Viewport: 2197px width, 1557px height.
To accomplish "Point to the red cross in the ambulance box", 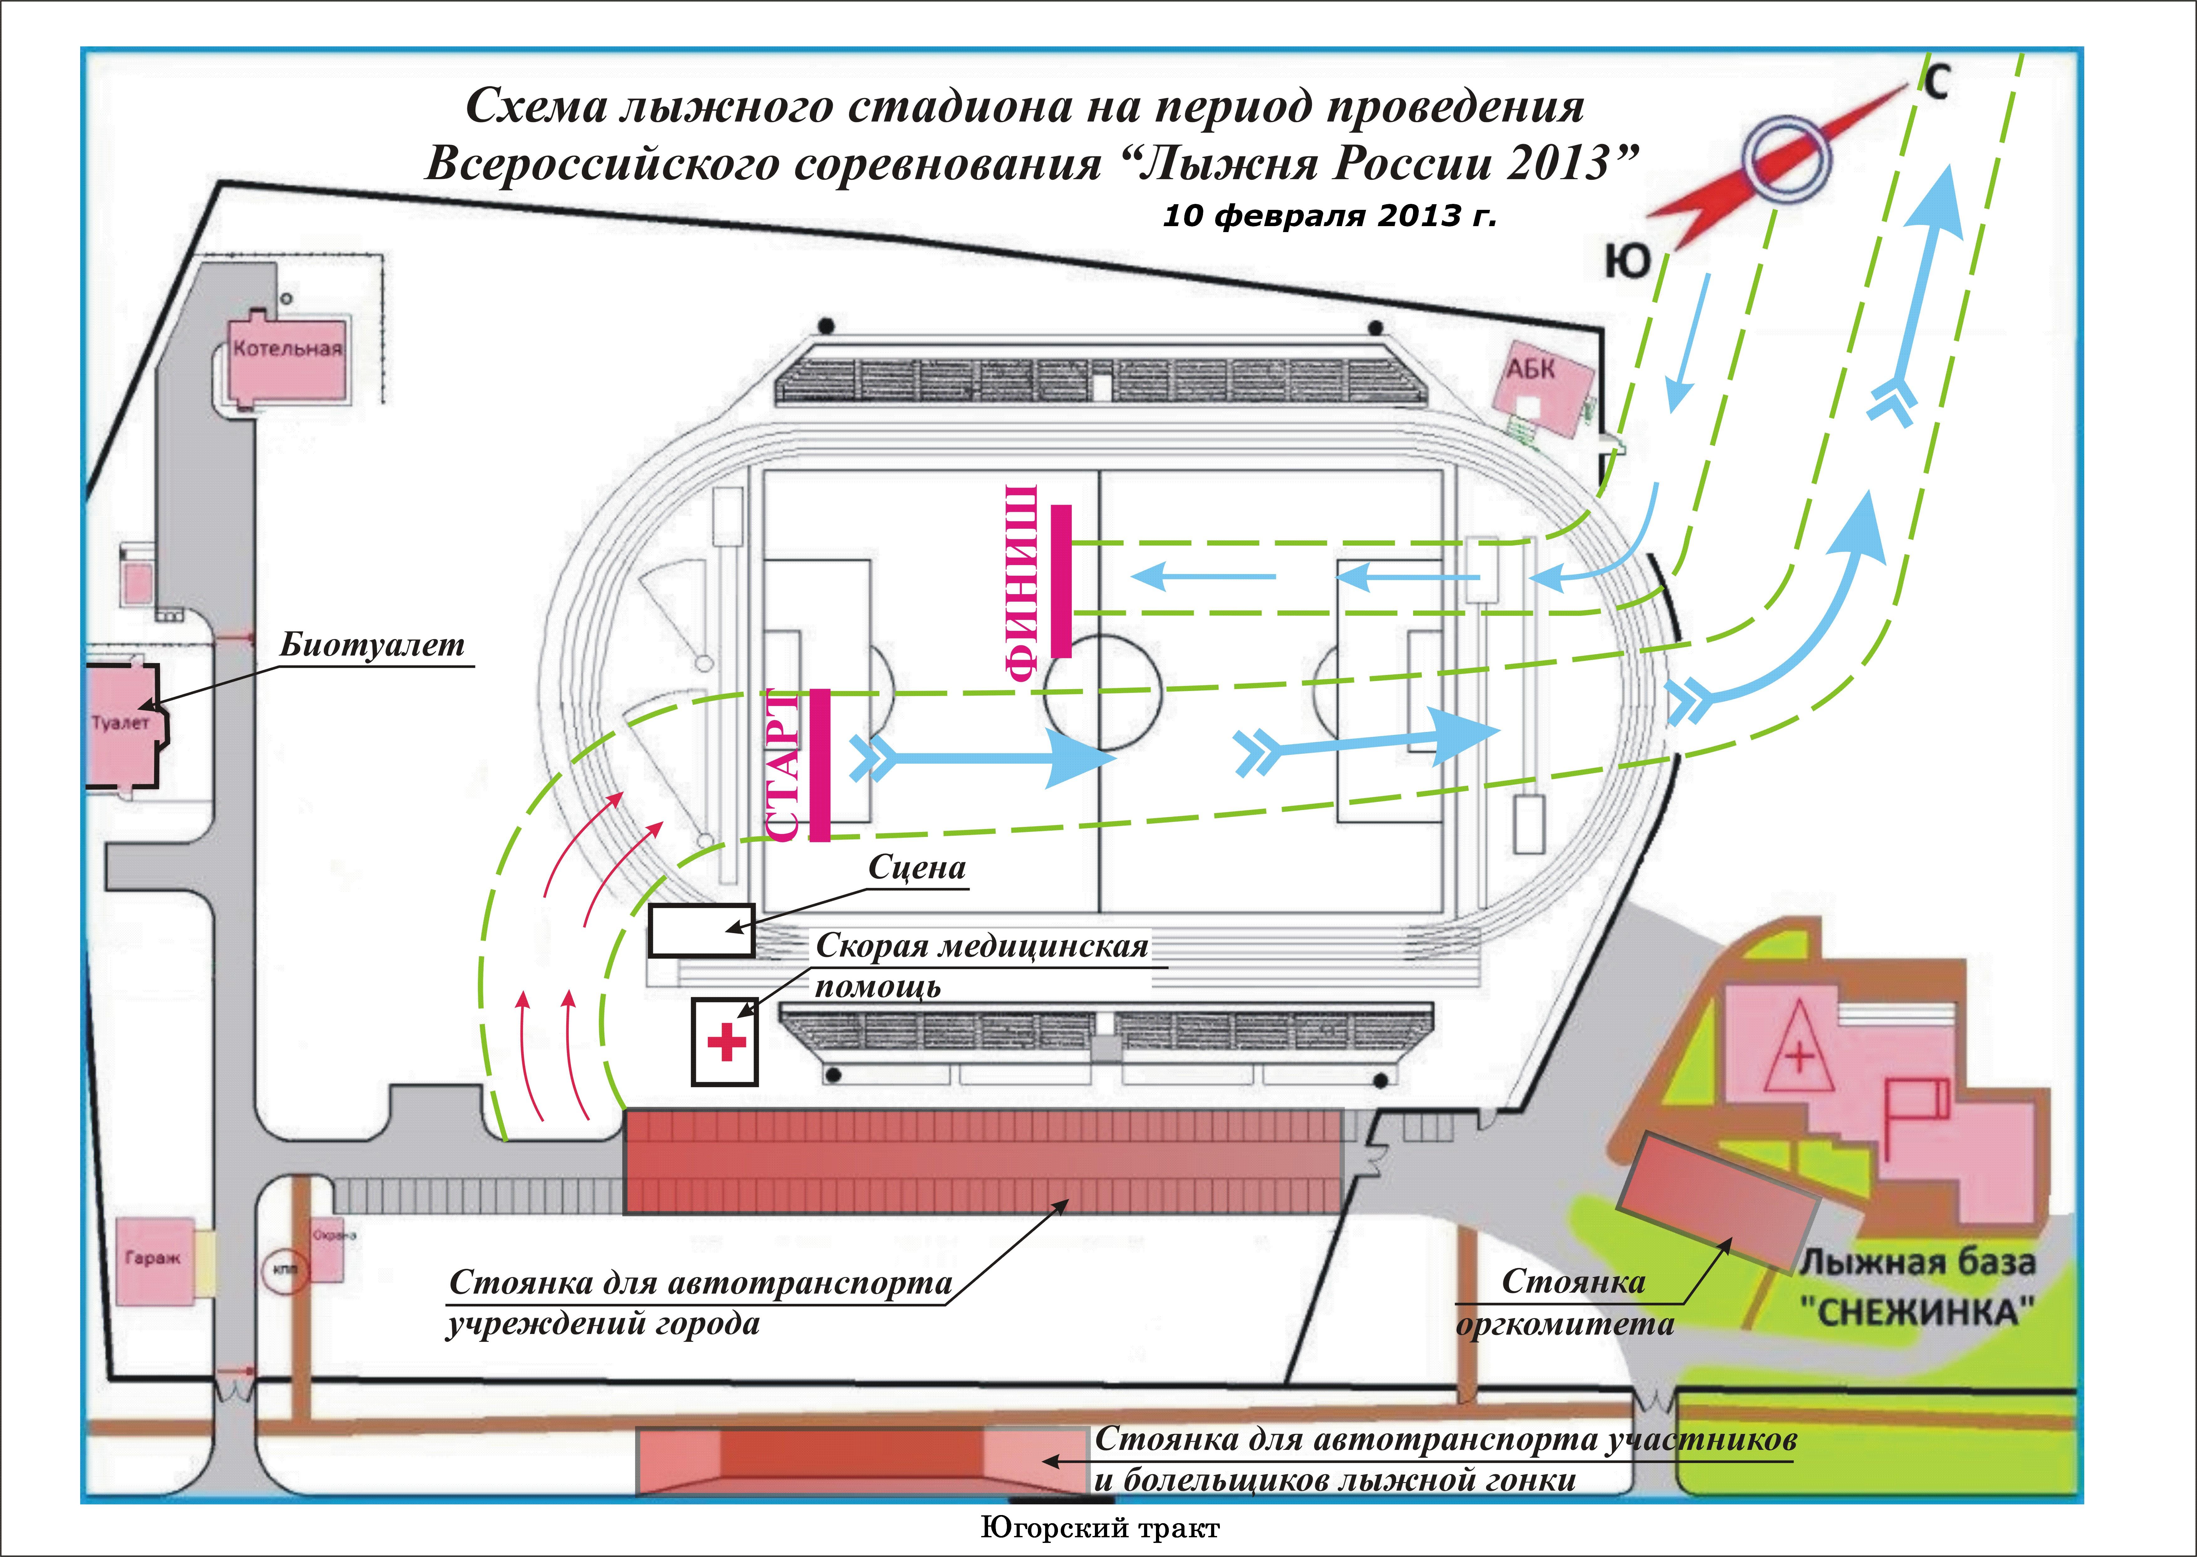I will point(726,1042).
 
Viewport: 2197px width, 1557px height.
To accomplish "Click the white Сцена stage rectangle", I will point(701,930).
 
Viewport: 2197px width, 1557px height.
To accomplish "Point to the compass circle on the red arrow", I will point(1785,161).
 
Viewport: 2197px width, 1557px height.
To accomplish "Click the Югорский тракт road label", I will point(1100,1528).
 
